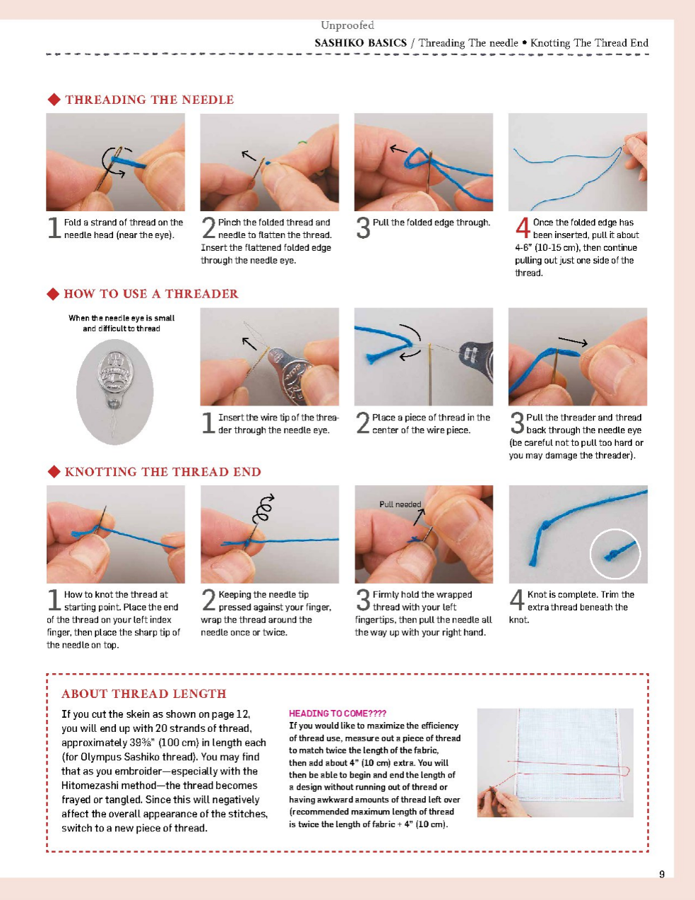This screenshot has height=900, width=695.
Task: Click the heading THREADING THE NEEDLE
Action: (149, 100)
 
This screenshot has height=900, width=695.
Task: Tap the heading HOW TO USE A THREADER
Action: (150, 294)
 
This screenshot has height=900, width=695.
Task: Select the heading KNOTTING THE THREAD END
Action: (162, 472)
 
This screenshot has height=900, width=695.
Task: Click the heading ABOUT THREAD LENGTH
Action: (143, 694)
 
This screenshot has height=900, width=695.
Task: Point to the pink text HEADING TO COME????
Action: (337, 714)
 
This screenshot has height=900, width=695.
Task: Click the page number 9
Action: (662, 874)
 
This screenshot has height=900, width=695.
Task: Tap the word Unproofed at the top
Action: (347, 25)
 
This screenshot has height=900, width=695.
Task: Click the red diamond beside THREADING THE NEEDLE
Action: (54, 100)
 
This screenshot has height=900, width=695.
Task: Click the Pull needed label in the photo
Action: (400, 504)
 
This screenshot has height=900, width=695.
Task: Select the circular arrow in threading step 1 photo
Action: (115, 162)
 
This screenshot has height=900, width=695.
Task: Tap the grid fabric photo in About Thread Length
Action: (555, 762)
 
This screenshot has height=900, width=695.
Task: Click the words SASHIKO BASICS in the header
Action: (360, 43)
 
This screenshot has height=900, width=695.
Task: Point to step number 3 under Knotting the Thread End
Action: (362, 600)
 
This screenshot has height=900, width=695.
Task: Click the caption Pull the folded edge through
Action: (431, 223)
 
